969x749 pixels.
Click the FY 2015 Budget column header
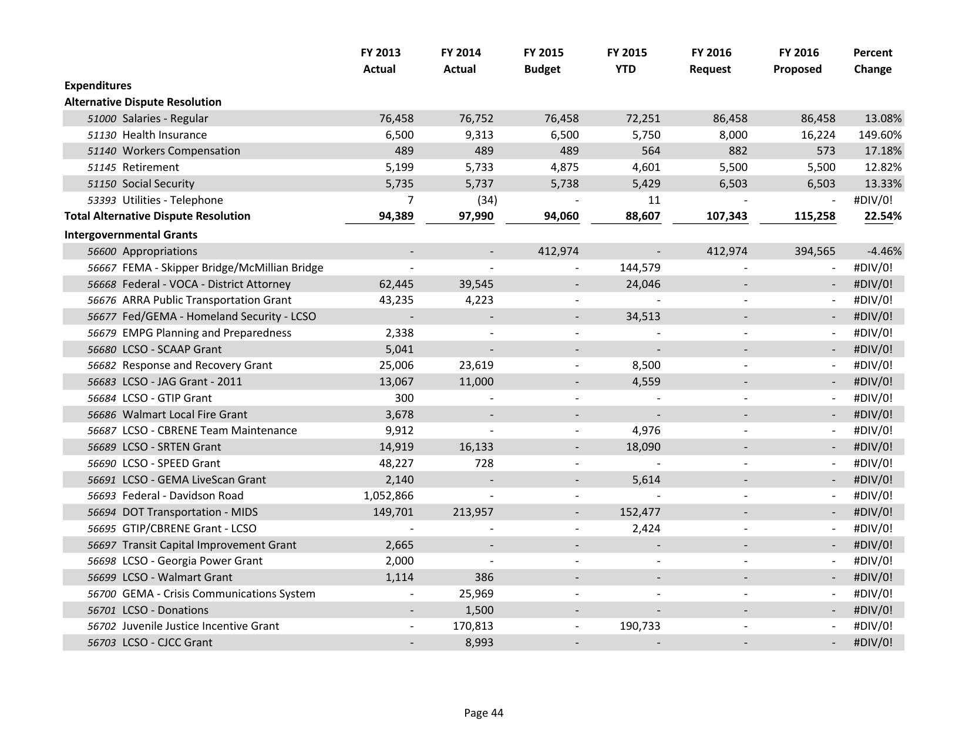(x=543, y=61)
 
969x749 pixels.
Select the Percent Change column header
(x=872, y=61)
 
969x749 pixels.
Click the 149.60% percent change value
(x=879, y=135)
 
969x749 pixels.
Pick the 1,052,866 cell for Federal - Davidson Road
(x=388, y=495)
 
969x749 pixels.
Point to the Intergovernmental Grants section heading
(x=130, y=234)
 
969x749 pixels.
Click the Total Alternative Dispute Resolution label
(x=157, y=216)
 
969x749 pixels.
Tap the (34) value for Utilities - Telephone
(x=487, y=200)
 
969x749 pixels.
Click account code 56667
(x=102, y=268)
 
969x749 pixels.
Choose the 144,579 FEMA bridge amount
(x=640, y=267)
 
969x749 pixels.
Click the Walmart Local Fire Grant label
(x=184, y=414)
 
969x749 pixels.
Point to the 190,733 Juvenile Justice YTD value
(x=640, y=626)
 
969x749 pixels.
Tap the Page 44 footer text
(x=483, y=713)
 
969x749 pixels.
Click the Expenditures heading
(x=97, y=85)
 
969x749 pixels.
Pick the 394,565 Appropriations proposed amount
(x=813, y=251)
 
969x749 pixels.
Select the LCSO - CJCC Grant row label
(x=167, y=642)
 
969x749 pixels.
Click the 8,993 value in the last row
(x=479, y=642)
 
